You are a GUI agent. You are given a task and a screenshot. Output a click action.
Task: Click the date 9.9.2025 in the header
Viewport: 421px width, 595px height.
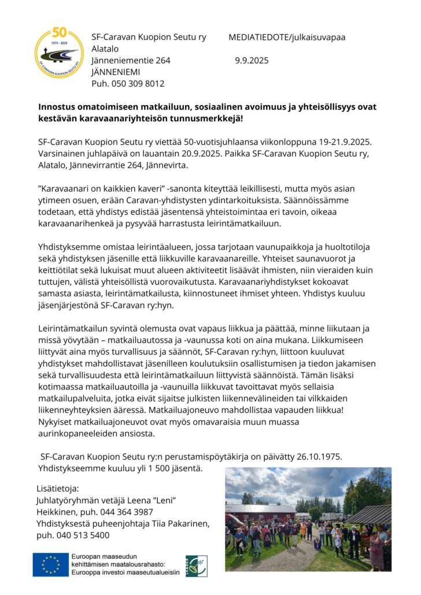252,60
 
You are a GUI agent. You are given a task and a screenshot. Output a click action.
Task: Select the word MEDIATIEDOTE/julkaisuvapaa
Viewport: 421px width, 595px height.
287,37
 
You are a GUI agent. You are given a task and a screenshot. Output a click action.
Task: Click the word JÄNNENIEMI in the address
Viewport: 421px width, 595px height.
116,72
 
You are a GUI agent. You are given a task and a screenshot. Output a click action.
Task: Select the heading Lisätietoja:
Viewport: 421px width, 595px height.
57,489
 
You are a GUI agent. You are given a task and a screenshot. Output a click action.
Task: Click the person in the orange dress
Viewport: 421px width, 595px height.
303,530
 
